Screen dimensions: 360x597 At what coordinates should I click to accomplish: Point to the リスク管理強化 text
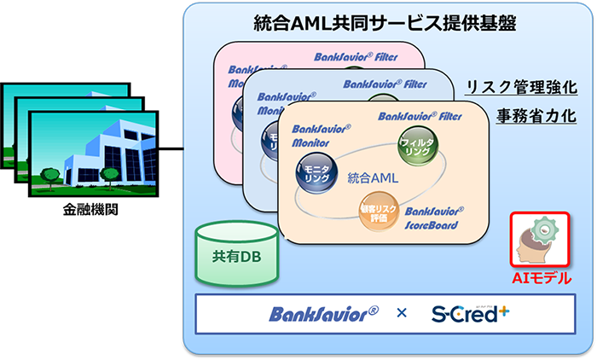522,87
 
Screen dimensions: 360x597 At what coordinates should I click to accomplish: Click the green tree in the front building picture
109,174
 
